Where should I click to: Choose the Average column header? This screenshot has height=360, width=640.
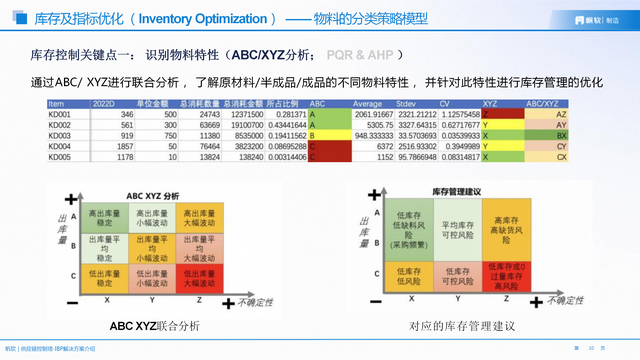(366, 103)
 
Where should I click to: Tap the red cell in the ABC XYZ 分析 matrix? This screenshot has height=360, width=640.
(195, 277)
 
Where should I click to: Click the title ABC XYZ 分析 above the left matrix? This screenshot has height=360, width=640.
(152, 195)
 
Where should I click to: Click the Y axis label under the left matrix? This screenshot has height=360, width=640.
(150, 298)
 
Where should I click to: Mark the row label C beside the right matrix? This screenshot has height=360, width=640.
(375, 272)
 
